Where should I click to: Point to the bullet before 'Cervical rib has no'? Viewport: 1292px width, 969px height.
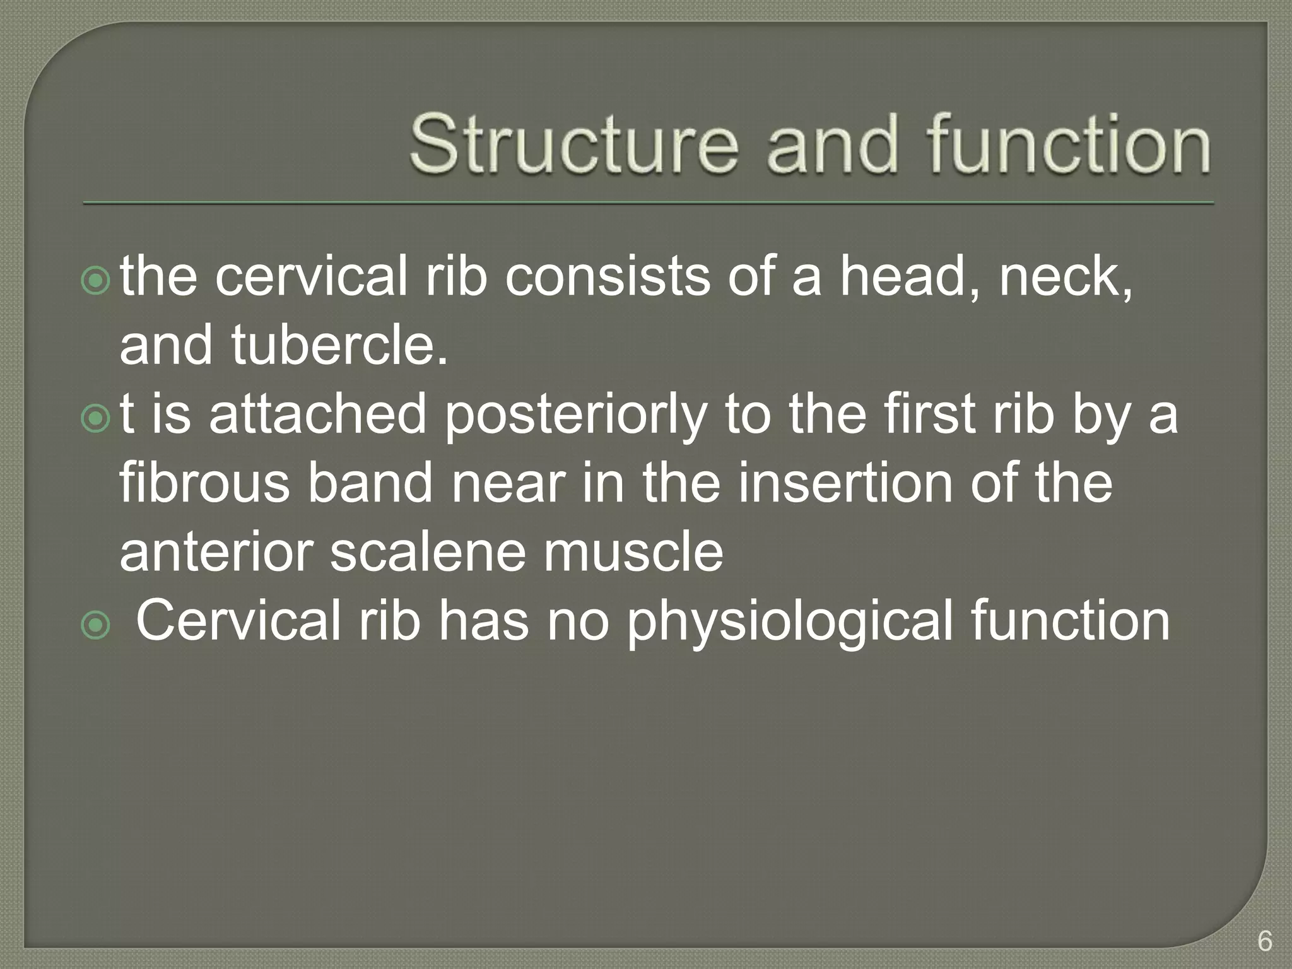(x=96, y=625)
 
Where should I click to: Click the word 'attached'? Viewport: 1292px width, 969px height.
(x=318, y=414)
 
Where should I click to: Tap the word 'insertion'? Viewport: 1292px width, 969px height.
(x=845, y=483)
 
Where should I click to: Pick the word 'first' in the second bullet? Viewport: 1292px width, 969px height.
(x=934, y=414)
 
